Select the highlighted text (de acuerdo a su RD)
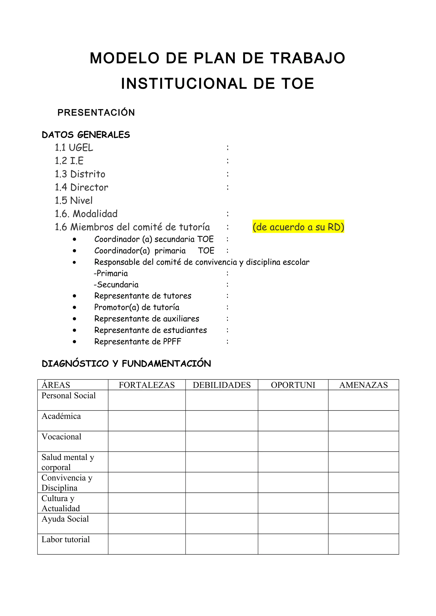coord(298,227)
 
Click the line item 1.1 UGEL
coord(74,148)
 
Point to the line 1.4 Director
coord(81,187)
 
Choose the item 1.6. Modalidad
coord(86,214)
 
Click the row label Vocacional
coord(61,437)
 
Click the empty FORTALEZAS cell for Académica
coord(147,421)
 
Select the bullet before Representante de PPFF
coord(75,342)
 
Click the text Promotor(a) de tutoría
coord(136,307)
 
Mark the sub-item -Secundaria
coord(116,284)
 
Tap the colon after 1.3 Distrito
coord(228,174)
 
